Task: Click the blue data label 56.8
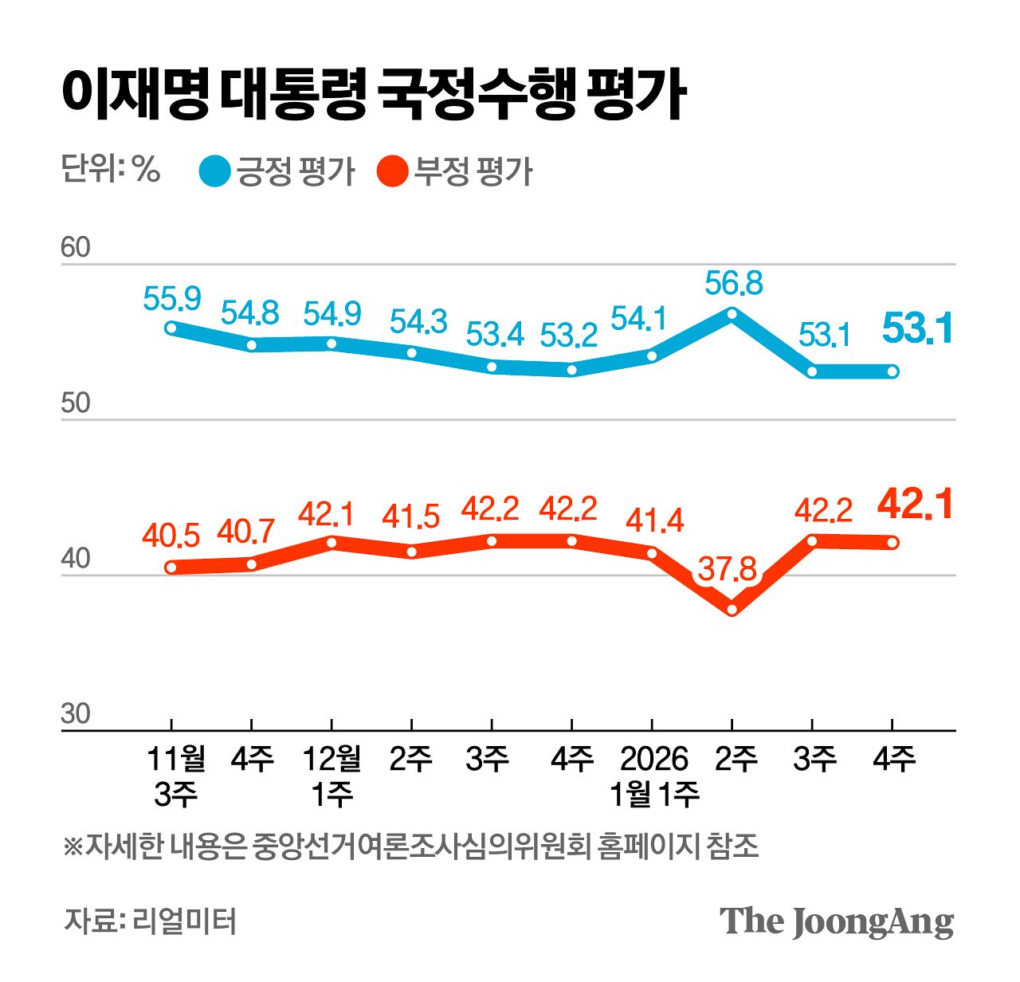(734, 283)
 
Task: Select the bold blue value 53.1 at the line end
(918, 329)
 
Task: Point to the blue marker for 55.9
(171, 328)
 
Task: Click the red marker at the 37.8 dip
(732, 610)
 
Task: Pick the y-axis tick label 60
(76, 248)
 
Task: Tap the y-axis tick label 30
(76, 713)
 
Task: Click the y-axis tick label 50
(76, 403)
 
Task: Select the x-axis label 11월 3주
(175, 776)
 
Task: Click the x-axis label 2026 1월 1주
(653, 776)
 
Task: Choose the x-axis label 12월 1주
(331, 776)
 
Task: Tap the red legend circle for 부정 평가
(393, 171)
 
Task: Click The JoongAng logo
(837, 921)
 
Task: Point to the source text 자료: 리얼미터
(151, 921)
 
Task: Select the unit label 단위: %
(111, 169)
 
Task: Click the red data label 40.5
(171, 536)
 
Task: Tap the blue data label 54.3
(418, 321)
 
